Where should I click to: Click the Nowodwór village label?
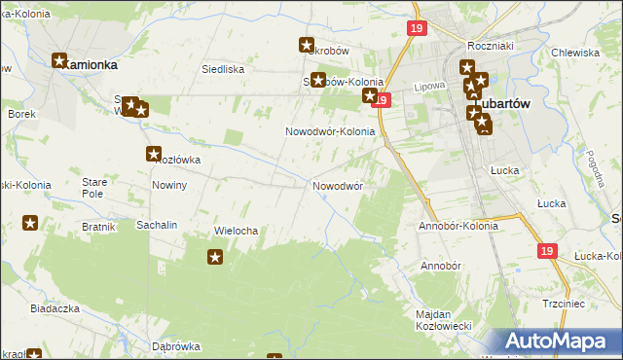(338, 185)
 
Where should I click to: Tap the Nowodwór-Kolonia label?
(330, 131)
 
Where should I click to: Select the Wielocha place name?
(235, 231)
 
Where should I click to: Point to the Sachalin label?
(156, 225)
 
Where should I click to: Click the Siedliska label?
(221, 69)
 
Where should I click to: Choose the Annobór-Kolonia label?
(457, 226)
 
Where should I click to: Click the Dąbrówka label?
(175, 346)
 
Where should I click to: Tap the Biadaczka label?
(54, 307)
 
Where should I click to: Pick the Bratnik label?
(99, 227)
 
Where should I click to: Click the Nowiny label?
(169, 184)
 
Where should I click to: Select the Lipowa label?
(429, 86)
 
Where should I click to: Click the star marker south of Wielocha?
(215, 257)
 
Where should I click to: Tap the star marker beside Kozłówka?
(154, 154)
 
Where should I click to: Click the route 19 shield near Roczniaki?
(417, 30)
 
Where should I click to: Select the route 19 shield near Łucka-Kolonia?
(546, 251)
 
